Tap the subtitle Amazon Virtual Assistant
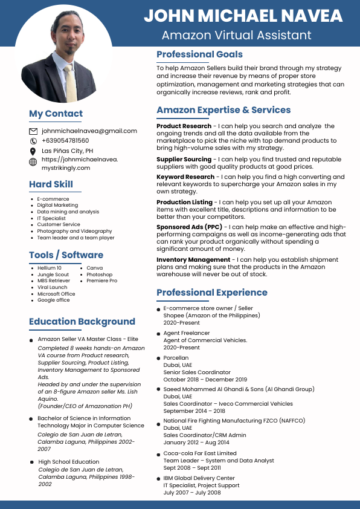(x=237, y=35)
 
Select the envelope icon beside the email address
(x=33, y=131)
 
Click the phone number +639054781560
(x=65, y=140)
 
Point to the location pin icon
(x=33, y=151)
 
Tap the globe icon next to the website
(x=33, y=162)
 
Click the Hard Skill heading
(x=51, y=184)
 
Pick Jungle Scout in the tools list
(x=53, y=274)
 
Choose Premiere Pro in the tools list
(x=101, y=280)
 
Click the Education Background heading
(x=82, y=322)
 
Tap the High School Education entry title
(x=68, y=462)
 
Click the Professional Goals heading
(x=199, y=54)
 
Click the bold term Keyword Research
(x=185, y=177)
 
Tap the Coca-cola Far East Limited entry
(x=200, y=453)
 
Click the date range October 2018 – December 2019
(x=201, y=380)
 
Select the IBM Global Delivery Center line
(x=199, y=478)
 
